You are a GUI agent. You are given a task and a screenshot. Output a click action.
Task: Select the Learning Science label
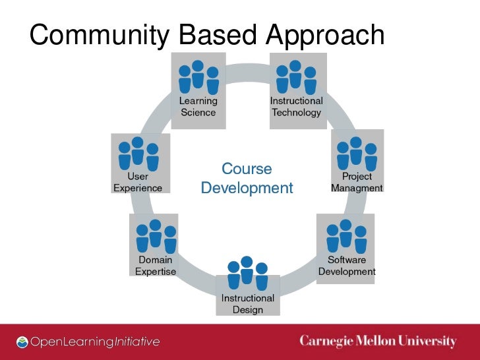(x=198, y=107)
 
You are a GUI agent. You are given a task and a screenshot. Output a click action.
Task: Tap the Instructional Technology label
(x=296, y=107)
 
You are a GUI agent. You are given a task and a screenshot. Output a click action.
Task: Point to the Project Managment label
(x=357, y=182)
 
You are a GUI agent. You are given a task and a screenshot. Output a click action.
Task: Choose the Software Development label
(x=347, y=266)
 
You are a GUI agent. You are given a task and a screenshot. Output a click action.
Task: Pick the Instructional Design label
(x=247, y=304)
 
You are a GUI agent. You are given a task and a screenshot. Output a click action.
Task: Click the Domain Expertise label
(x=156, y=266)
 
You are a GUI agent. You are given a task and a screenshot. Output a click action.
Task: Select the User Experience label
(x=138, y=182)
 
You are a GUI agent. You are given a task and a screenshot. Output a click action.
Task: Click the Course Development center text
(x=247, y=179)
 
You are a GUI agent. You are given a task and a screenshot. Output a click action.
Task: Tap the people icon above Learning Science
(x=198, y=77)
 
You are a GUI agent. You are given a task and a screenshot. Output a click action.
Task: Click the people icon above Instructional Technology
(x=296, y=77)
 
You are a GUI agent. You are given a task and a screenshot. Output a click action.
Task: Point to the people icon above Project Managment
(x=357, y=152)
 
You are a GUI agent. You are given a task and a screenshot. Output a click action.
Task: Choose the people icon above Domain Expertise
(x=156, y=236)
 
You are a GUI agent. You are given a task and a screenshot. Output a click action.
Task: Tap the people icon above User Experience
(x=138, y=152)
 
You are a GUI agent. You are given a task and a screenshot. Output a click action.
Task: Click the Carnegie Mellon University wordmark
(x=378, y=342)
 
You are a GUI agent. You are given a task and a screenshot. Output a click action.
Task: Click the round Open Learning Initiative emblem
(x=23, y=342)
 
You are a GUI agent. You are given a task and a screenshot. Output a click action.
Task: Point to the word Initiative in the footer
(x=136, y=342)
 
